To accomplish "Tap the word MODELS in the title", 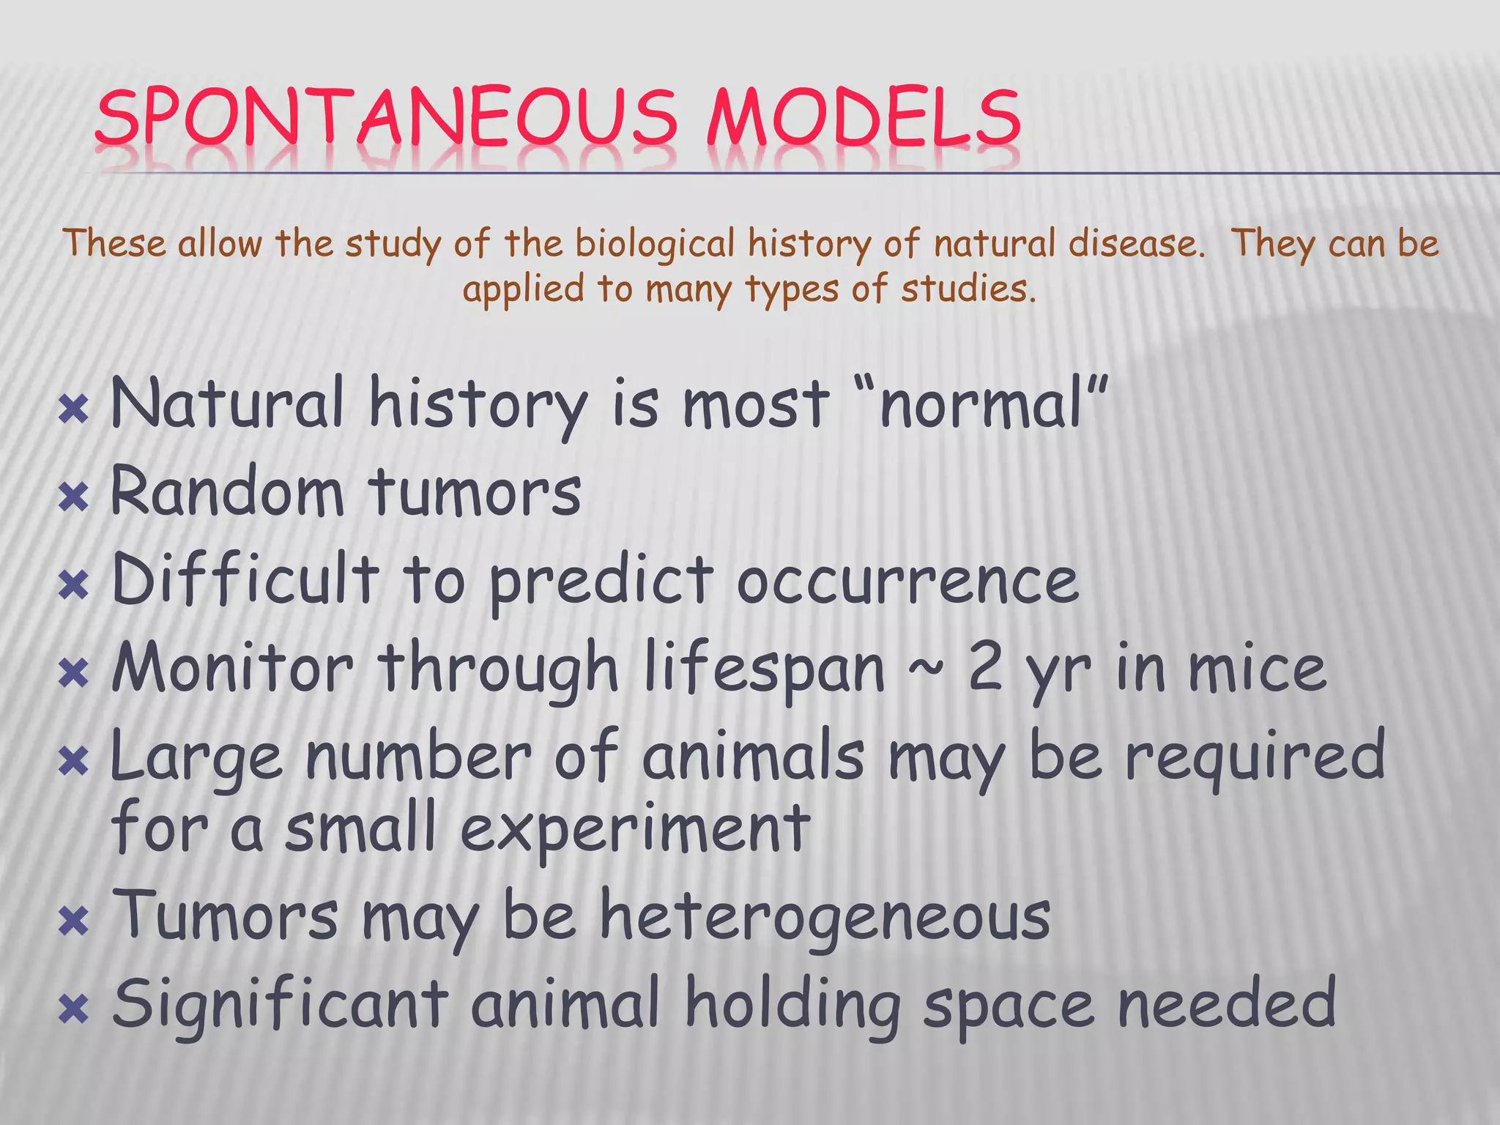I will tap(864, 117).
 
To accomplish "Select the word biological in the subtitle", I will tap(654, 244).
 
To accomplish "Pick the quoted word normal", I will tap(993, 405).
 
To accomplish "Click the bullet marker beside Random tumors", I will tap(73, 499).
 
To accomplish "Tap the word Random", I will tap(226, 491).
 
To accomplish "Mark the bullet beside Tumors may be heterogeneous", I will tap(73, 922).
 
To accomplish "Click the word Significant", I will tap(280, 1005).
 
